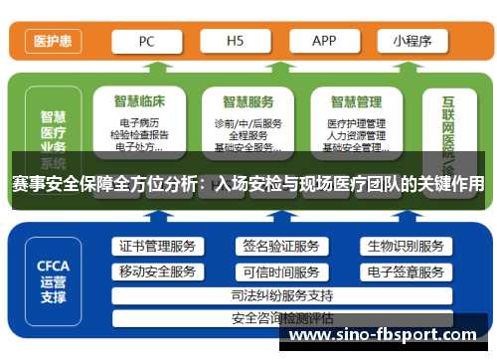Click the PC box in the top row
point(146,41)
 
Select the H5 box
point(236,41)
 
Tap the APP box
point(324,41)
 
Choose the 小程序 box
point(412,41)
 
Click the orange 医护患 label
point(51,41)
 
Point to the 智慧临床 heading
point(139,101)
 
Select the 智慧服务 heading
point(248,101)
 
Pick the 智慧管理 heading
point(356,101)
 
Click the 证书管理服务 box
point(157,247)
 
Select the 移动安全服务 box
point(157,271)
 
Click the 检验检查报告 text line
point(139,135)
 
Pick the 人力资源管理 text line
point(356,135)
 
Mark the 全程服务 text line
point(248,135)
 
